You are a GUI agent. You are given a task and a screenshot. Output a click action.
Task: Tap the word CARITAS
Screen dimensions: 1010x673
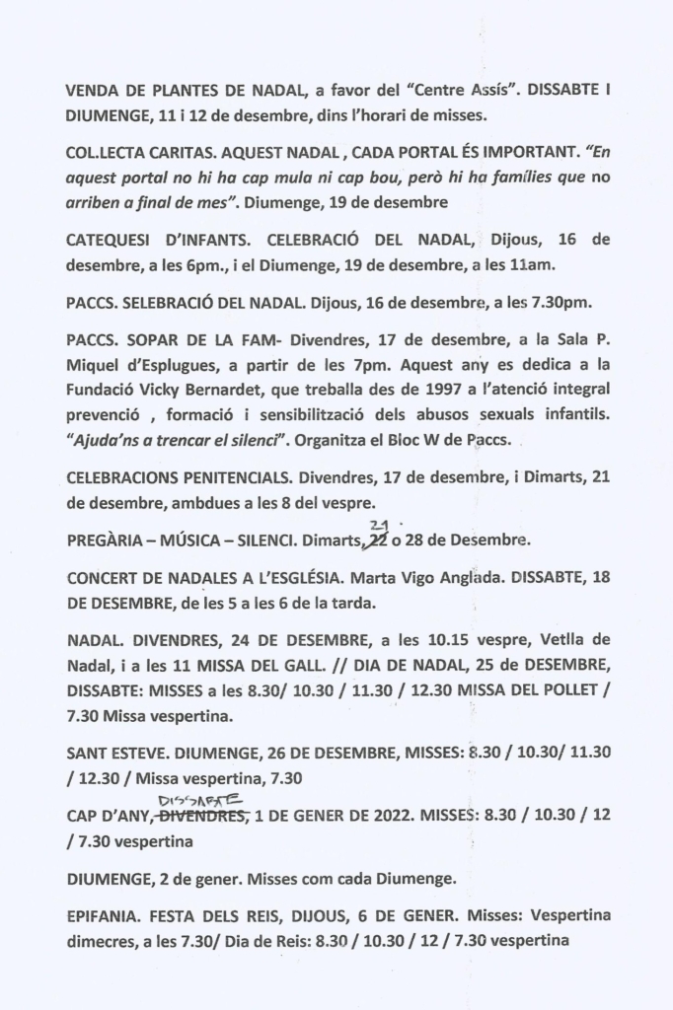[177, 155]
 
